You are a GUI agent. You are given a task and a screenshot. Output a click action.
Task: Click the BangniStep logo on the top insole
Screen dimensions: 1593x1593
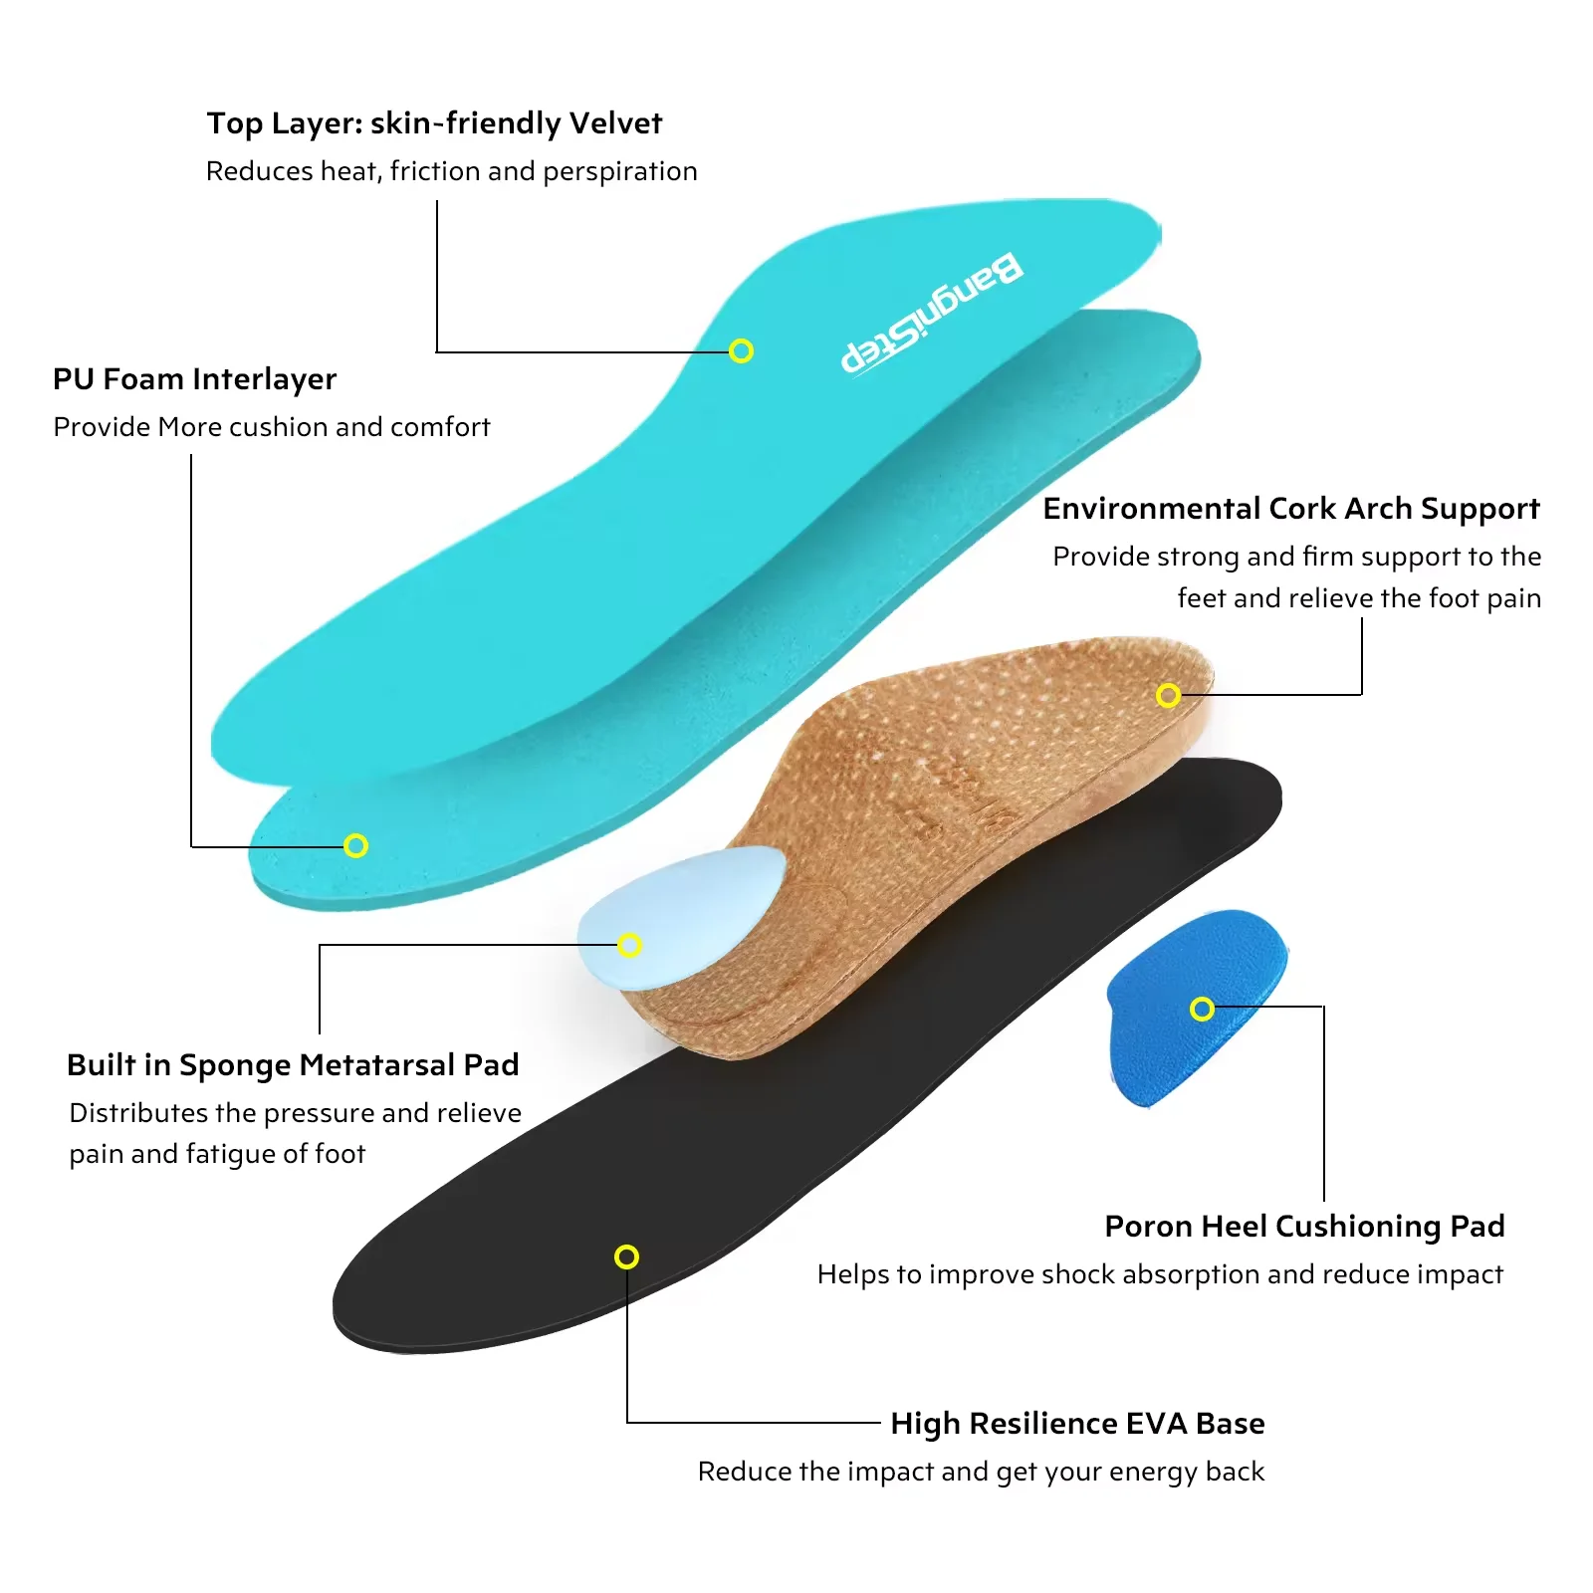(x=932, y=314)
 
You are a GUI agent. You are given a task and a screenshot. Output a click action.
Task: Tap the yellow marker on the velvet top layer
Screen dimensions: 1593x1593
(x=741, y=350)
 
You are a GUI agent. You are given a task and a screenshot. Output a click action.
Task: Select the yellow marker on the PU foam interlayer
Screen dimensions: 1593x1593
(x=355, y=845)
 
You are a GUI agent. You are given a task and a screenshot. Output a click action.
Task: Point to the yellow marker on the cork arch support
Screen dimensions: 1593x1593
(x=1168, y=695)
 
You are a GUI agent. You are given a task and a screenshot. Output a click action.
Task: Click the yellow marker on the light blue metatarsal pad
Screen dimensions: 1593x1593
(x=629, y=944)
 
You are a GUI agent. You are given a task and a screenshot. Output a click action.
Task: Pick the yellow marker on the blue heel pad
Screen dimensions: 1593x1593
(x=1202, y=1009)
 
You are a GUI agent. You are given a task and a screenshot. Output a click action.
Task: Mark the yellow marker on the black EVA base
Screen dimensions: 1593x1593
(x=626, y=1256)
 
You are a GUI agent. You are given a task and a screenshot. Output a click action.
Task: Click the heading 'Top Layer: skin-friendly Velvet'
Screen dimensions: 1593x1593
(x=434, y=123)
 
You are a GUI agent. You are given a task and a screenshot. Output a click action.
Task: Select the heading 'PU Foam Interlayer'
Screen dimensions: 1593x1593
(x=195, y=379)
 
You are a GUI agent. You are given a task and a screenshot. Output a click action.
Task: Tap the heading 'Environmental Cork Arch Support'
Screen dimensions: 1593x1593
(x=1291, y=509)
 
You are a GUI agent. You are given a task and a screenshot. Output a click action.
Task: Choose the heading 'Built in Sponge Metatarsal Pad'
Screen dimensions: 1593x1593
(x=293, y=1065)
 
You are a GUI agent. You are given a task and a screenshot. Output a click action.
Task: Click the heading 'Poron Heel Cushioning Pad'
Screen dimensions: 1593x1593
(x=1304, y=1227)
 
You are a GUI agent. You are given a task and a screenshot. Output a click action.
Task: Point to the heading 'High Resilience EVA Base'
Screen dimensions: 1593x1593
(x=1077, y=1424)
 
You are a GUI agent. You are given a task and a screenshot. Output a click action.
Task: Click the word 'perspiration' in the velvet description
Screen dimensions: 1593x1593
(x=620, y=172)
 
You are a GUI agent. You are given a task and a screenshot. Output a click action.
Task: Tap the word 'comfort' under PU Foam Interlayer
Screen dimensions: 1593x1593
(x=440, y=427)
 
